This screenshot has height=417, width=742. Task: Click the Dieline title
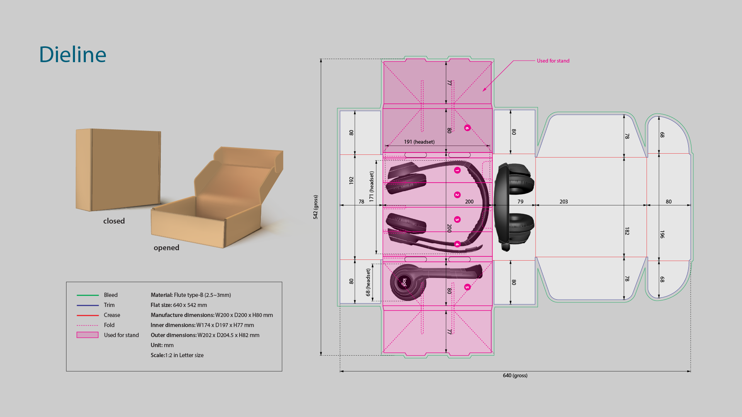[73, 54]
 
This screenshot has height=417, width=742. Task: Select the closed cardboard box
[118, 170]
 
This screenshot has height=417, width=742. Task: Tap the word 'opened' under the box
[166, 248]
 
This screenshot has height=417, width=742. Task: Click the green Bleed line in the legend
[88, 295]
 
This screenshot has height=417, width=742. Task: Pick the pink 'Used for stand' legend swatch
[87, 335]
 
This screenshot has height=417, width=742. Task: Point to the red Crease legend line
[88, 315]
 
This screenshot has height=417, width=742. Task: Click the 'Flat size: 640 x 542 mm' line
[179, 305]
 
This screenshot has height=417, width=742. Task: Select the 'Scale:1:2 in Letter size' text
[177, 355]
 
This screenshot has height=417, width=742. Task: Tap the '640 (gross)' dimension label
[515, 376]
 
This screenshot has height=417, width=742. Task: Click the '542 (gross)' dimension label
[315, 207]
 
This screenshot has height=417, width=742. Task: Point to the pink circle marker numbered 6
[467, 128]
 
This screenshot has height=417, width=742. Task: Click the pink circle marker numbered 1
[457, 170]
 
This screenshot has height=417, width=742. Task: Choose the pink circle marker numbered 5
[467, 287]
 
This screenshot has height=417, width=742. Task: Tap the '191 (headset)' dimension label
[419, 142]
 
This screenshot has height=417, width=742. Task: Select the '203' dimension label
[563, 202]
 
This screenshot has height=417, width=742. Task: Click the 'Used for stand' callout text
[553, 61]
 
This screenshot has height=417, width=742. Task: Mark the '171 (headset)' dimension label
[371, 186]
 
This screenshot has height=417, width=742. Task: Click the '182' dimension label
[627, 231]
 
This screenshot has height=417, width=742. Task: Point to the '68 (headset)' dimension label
[368, 282]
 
